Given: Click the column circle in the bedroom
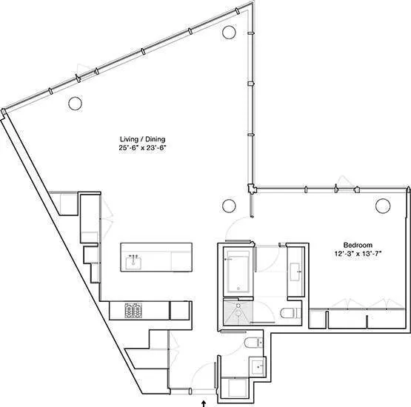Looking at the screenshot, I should (x=382, y=205).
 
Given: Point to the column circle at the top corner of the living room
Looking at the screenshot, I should (x=229, y=32).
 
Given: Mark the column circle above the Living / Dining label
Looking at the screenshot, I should (x=75, y=104).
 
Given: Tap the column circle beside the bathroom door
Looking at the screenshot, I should (x=229, y=205).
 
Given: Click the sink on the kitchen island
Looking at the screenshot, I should (x=135, y=261).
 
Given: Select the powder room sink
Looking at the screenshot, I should (x=257, y=365).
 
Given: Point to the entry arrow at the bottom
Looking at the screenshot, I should (x=204, y=403).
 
